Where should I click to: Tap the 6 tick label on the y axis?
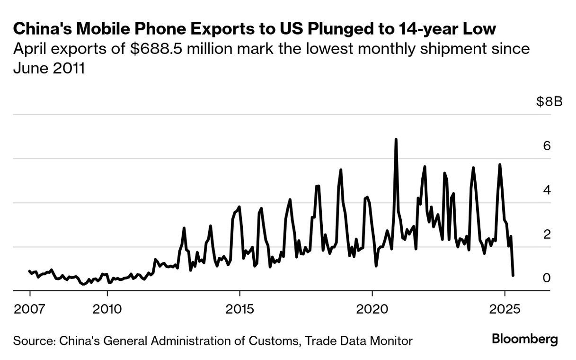(547, 146)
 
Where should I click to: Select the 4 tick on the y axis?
(547, 190)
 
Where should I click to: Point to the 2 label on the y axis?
(547, 234)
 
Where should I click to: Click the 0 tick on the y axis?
(547, 278)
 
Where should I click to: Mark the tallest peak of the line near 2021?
(396, 139)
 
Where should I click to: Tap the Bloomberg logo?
(525, 339)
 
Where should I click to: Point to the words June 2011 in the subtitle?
(49, 68)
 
